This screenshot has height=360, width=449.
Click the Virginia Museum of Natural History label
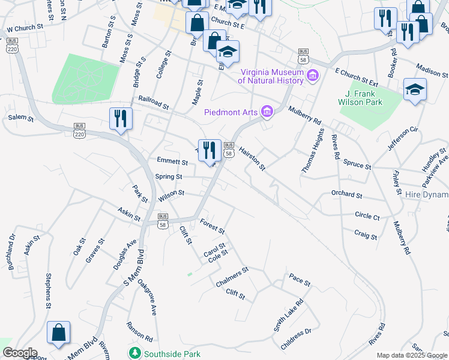(271, 75)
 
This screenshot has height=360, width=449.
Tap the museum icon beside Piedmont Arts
(267, 112)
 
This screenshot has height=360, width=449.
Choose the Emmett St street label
(172, 161)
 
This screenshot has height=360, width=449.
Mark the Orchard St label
(347, 195)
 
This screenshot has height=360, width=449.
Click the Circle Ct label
(367, 216)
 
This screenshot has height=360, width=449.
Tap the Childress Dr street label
(296, 340)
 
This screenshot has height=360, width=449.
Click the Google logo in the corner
(19, 353)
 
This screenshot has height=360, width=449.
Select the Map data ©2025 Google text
(412, 355)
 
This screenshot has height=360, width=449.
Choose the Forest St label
(212, 226)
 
